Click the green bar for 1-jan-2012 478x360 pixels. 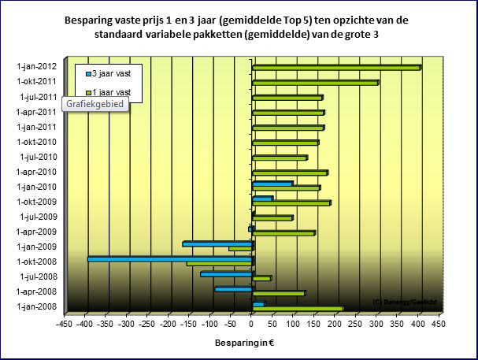coord(336,68)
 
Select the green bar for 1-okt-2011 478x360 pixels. coord(315,82)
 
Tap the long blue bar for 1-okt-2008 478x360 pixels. coord(169,258)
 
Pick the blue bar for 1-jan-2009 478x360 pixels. coord(217,243)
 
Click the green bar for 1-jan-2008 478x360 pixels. coord(298,309)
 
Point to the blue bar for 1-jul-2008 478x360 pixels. coord(226,273)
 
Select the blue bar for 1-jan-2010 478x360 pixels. coord(272,184)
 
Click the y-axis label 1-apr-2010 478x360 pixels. coord(35,172)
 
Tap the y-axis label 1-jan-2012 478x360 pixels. coord(35,67)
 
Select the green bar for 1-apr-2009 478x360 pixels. coord(283,233)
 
